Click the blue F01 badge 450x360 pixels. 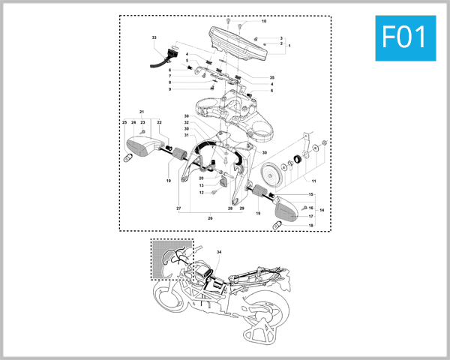pyautogui.click(x=404, y=37)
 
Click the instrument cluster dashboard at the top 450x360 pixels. pyautogui.click(x=238, y=41)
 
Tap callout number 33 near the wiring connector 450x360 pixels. pyautogui.click(x=154, y=37)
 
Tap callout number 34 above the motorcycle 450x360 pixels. pyautogui.click(x=220, y=253)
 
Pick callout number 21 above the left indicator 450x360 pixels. pyautogui.click(x=141, y=112)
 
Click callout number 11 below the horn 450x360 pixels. pyautogui.click(x=313, y=181)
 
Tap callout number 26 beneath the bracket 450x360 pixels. pyautogui.click(x=210, y=218)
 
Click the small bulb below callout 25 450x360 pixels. pyautogui.click(x=127, y=158)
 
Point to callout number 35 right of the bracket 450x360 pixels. pyautogui.click(x=271, y=78)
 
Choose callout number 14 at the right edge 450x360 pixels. pyautogui.click(x=322, y=211)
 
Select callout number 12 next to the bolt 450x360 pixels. pyautogui.click(x=201, y=193)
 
